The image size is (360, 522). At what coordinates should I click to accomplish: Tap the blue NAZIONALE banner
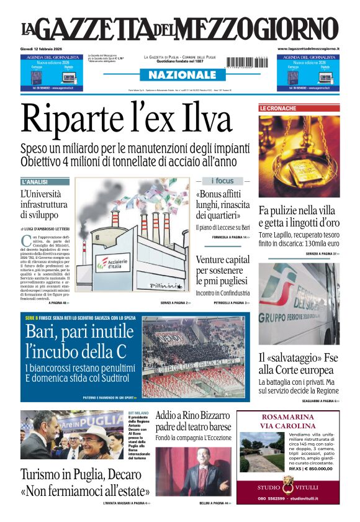[180, 74]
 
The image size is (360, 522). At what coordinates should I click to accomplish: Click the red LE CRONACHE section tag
[278, 108]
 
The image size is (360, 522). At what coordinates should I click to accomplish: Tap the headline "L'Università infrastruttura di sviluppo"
[43, 204]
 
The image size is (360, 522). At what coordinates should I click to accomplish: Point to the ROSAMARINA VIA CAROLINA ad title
[288, 421]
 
